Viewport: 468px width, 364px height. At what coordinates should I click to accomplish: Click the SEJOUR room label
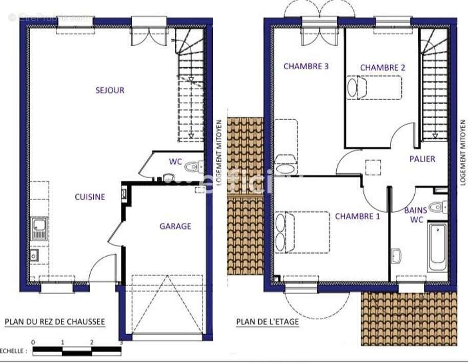click(x=110, y=90)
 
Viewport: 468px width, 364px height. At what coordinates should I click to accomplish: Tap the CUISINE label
click(x=90, y=197)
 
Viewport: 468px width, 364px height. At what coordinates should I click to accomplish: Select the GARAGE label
click(x=175, y=226)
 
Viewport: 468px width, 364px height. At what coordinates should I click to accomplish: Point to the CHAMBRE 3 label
click(x=306, y=66)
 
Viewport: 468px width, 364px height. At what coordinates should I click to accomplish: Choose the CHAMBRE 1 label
click(x=357, y=216)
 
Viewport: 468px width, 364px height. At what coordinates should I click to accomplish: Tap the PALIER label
click(x=422, y=159)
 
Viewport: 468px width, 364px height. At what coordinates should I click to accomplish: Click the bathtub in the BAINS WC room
click(x=438, y=246)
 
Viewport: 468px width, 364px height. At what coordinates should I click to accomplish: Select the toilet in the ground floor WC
click(x=193, y=167)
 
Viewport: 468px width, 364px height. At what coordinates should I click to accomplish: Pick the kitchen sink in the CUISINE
click(x=39, y=228)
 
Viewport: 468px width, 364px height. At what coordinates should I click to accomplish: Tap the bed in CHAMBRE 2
click(x=374, y=87)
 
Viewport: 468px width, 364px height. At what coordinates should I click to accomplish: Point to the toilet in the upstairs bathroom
click(x=437, y=207)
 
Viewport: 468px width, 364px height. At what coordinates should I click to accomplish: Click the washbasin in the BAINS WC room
click(x=396, y=255)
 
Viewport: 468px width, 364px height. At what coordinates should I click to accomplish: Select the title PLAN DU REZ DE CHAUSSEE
click(x=55, y=322)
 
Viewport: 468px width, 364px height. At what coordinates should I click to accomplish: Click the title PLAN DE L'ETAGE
click(x=267, y=322)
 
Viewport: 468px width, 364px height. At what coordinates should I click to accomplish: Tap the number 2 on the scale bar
click(x=92, y=342)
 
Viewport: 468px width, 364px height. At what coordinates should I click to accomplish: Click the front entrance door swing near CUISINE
click(x=103, y=268)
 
